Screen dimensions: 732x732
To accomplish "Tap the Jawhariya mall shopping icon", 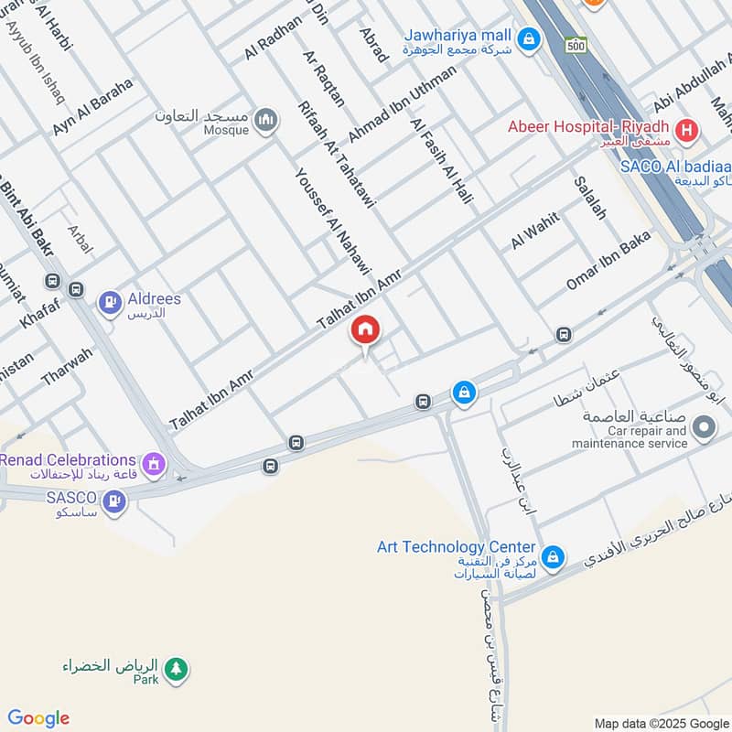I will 527,38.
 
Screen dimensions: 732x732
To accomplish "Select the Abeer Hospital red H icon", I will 688,130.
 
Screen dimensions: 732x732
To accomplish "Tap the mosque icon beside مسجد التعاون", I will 266,120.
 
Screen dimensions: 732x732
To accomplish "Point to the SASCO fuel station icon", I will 113,501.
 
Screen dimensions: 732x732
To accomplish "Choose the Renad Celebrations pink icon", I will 153,464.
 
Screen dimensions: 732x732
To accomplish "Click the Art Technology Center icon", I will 553,556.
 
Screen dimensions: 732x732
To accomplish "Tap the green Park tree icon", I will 178,669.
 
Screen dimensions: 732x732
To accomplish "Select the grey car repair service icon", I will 704,426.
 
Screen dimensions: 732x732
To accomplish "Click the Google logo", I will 38,718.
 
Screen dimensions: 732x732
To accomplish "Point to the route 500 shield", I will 576,43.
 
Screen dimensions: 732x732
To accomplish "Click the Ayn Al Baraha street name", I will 92,107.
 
